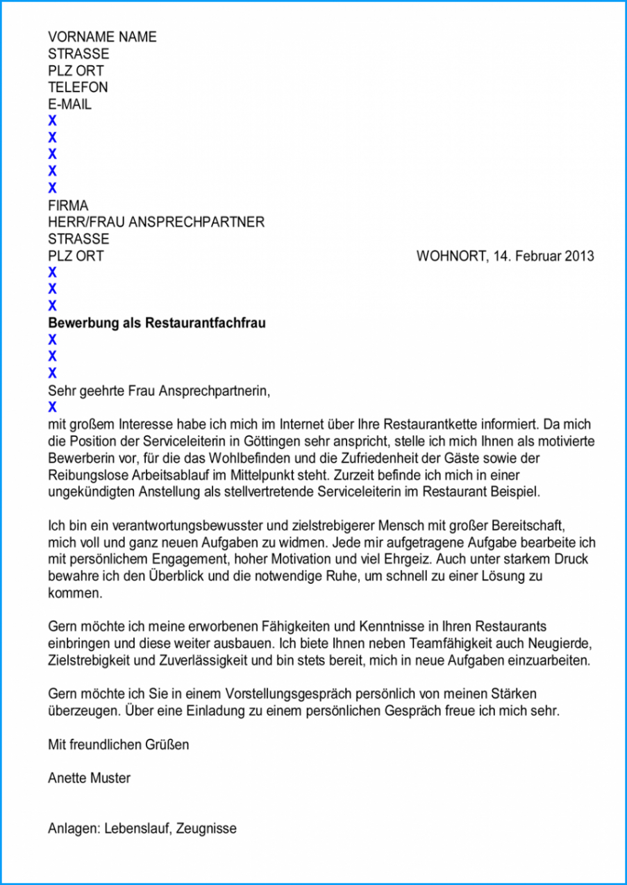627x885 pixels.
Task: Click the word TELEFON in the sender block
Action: click(x=78, y=87)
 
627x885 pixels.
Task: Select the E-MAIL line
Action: click(x=69, y=105)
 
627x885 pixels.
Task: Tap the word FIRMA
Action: click(x=68, y=205)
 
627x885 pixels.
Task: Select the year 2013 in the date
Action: click(x=580, y=256)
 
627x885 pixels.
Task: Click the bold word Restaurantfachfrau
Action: click(x=206, y=323)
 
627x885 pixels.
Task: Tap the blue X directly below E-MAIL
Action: click(x=52, y=121)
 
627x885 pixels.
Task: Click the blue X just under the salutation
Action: click(x=52, y=407)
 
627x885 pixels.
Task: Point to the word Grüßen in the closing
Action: click(x=167, y=744)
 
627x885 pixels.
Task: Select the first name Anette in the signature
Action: click(x=67, y=778)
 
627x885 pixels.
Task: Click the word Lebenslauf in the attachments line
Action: click(x=136, y=828)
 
